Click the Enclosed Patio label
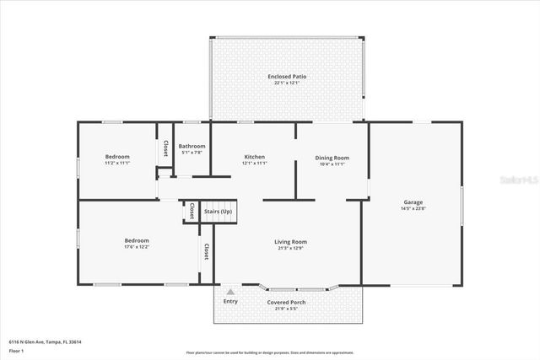[x=287, y=77]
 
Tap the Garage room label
[x=413, y=202]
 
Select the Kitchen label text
[x=255, y=157]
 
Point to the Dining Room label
[x=332, y=158]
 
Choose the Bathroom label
[x=192, y=147]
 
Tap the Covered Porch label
[x=287, y=302]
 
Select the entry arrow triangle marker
[x=229, y=291]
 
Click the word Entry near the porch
[x=229, y=302]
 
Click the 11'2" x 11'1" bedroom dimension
[x=117, y=163]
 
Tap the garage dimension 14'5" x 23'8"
[x=413, y=208]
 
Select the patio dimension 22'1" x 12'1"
[x=287, y=83]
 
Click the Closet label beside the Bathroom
[x=165, y=148]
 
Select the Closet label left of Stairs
[x=192, y=211]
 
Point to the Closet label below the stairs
[x=205, y=251]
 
